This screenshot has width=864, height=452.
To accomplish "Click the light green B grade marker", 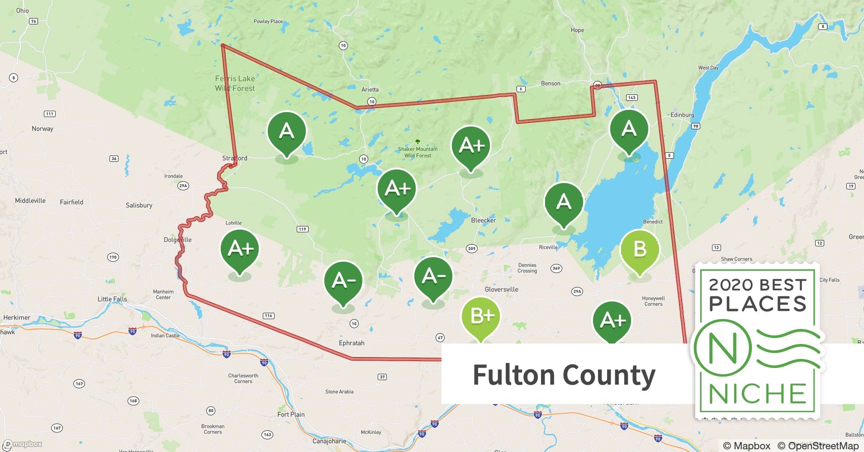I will pyautogui.click(x=640, y=249).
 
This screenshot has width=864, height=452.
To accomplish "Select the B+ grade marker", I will pyautogui.click(x=481, y=316).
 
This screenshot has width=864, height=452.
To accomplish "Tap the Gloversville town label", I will pyautogui.click(x=501, y=289).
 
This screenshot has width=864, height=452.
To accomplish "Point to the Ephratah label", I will pyautogui.click(x=351, y=343).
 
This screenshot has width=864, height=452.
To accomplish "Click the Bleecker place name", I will pyautogui.click(x=484, y=220).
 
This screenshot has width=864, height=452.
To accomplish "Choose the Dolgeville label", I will pyautogui.click(x=177, y=240).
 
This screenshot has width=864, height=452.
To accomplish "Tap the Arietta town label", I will pyautogui.click(x=370, y=89).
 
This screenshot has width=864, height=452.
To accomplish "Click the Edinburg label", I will pyautogui.click(x=682, y=115).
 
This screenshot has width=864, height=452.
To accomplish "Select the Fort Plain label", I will pyautogui.click(x=291, y=414).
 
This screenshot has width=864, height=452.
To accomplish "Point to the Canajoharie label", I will pyautogui.click(x=329, y=441).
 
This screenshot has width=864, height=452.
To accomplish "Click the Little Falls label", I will pyautogui.click(x=112, y=299).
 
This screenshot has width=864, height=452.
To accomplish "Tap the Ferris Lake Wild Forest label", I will pyautogui.click(x=235, y=84).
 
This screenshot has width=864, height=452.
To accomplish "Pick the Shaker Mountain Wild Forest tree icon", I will pyautogui.click(x=418, y=141).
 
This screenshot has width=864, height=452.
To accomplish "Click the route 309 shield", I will pyautogui.click(x=472, y=249).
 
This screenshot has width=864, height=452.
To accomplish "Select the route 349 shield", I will pyautogui.click(x=556, y=268).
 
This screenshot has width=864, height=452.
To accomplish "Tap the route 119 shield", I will pyautogui.click(x=303, y=229).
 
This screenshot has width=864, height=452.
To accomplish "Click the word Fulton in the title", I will pyautogui.click(x=514, y=375).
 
